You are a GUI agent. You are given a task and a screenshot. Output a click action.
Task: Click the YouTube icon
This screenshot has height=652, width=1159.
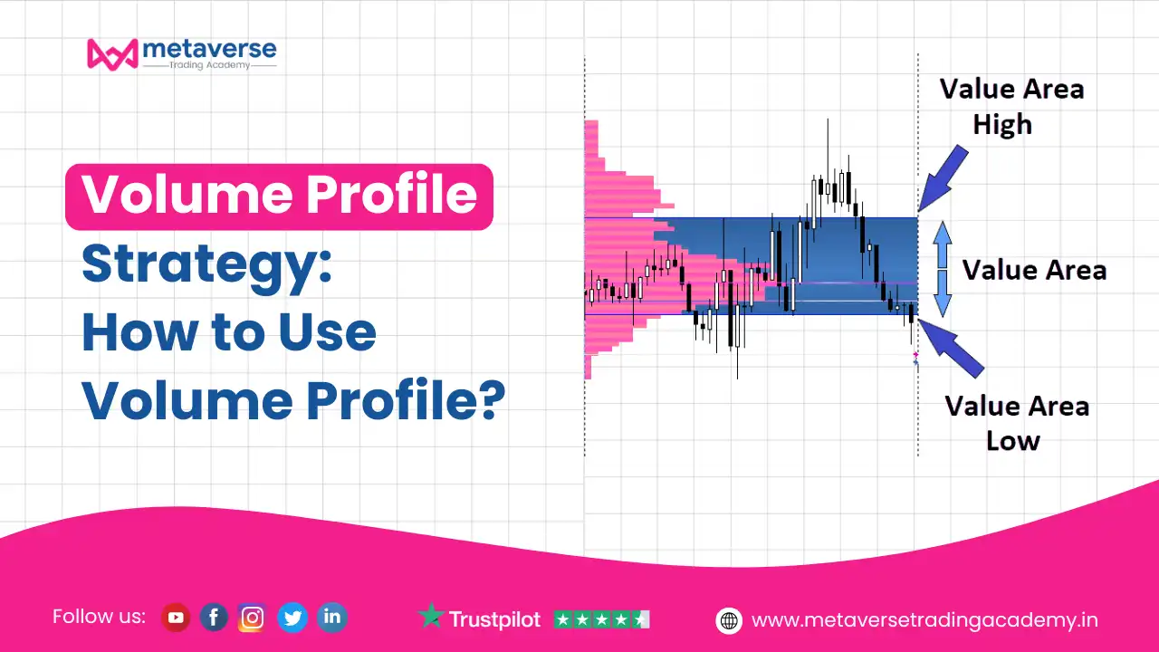176,618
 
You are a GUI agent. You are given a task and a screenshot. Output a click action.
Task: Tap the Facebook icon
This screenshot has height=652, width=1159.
214,618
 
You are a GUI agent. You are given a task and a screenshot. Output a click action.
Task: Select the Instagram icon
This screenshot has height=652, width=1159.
252,618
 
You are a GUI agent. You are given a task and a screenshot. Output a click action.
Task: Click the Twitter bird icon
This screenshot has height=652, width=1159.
292,618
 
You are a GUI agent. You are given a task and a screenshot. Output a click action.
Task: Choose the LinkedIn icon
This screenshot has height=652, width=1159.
331,618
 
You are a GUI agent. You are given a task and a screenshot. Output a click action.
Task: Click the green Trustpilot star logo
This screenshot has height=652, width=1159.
431,615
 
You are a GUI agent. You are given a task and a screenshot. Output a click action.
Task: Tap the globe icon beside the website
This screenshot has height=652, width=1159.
729,620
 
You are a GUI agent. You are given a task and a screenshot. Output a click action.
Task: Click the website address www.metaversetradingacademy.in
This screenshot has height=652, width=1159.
924,620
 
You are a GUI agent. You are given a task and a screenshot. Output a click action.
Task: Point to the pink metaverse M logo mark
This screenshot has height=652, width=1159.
113,54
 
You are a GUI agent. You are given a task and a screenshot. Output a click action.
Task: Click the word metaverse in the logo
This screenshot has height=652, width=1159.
209,49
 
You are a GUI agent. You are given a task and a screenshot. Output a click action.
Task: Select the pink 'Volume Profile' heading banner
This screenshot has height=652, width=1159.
280,197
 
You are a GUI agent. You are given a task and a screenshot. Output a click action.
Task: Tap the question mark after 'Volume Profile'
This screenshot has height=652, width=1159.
491,398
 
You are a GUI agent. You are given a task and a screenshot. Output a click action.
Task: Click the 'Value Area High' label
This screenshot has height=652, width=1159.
1011,107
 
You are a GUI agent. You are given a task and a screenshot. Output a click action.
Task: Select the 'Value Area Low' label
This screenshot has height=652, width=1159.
1017,423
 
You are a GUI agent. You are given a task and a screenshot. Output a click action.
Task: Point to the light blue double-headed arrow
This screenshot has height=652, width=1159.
943,269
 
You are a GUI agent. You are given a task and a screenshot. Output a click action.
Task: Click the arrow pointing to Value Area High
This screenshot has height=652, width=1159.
943,178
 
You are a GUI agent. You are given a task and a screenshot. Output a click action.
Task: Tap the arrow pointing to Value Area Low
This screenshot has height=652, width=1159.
951,349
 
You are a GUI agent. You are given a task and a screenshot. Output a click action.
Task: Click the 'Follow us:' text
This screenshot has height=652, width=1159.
99,617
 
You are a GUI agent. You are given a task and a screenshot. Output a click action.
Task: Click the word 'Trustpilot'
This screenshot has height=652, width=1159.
494,619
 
